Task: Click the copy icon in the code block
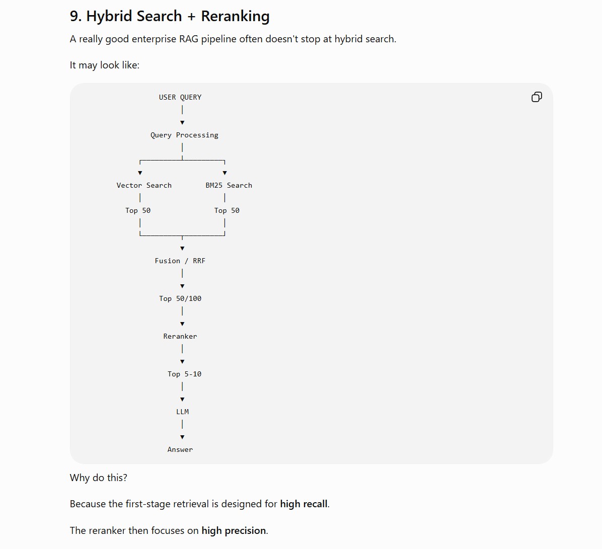point(537,97)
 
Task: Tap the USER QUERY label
point(180,97)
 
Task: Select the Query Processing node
point(184,135)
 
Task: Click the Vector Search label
point(144,185)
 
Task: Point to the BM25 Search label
point(229,185)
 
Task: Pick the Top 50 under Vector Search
point(138,210)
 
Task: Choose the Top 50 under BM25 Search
point(227,210)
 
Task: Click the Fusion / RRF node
point(180,261)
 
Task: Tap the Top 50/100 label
point(180,299)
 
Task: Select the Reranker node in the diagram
point(180,336)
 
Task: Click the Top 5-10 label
point(184,374)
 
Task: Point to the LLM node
point(182,412)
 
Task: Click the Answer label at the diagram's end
point(180,449)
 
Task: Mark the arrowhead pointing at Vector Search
point(140,173)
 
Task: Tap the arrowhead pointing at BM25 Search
point(225,173)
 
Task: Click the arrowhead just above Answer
point(182,437)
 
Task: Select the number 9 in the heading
point(74,16)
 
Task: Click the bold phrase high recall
point(304,504)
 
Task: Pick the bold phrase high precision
point(234,530)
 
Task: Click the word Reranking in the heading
point(236,17)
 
